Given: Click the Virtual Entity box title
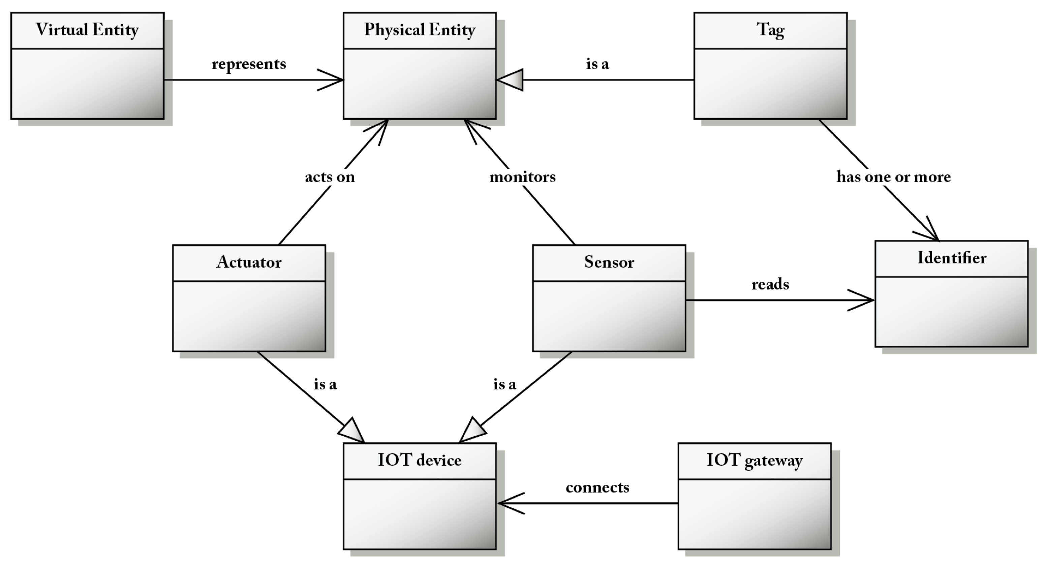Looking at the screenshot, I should click(x=87, y=30).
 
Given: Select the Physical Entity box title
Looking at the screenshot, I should click(x=420, y=30).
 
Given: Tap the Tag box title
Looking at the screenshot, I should click(x=770, y=30).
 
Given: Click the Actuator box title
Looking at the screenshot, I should click(x=249, y=262).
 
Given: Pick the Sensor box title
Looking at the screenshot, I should click(x=609, y=262).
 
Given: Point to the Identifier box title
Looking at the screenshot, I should click(x=952, y=258).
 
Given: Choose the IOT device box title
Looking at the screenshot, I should click(x=420, y=460).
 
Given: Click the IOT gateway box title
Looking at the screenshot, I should click(x=755, y=460).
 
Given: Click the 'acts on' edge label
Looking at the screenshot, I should click(x=330, y=177).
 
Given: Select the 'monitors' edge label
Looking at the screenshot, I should click(x=522, y=177).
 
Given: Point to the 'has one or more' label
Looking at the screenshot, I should click(x=893, y=177).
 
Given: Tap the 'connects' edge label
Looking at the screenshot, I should click(x=597, y=487).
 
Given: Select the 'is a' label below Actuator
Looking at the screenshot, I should click(x=325, y=384).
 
